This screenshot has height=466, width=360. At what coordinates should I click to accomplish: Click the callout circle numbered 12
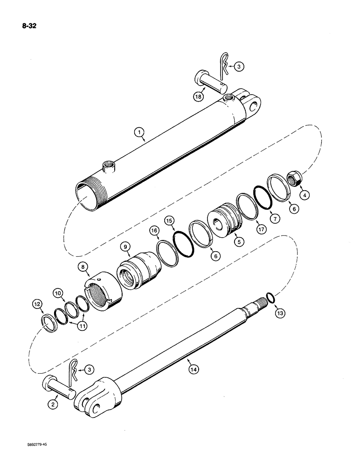point(37,304)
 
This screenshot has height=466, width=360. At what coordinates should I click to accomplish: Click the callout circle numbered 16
point(153,230)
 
